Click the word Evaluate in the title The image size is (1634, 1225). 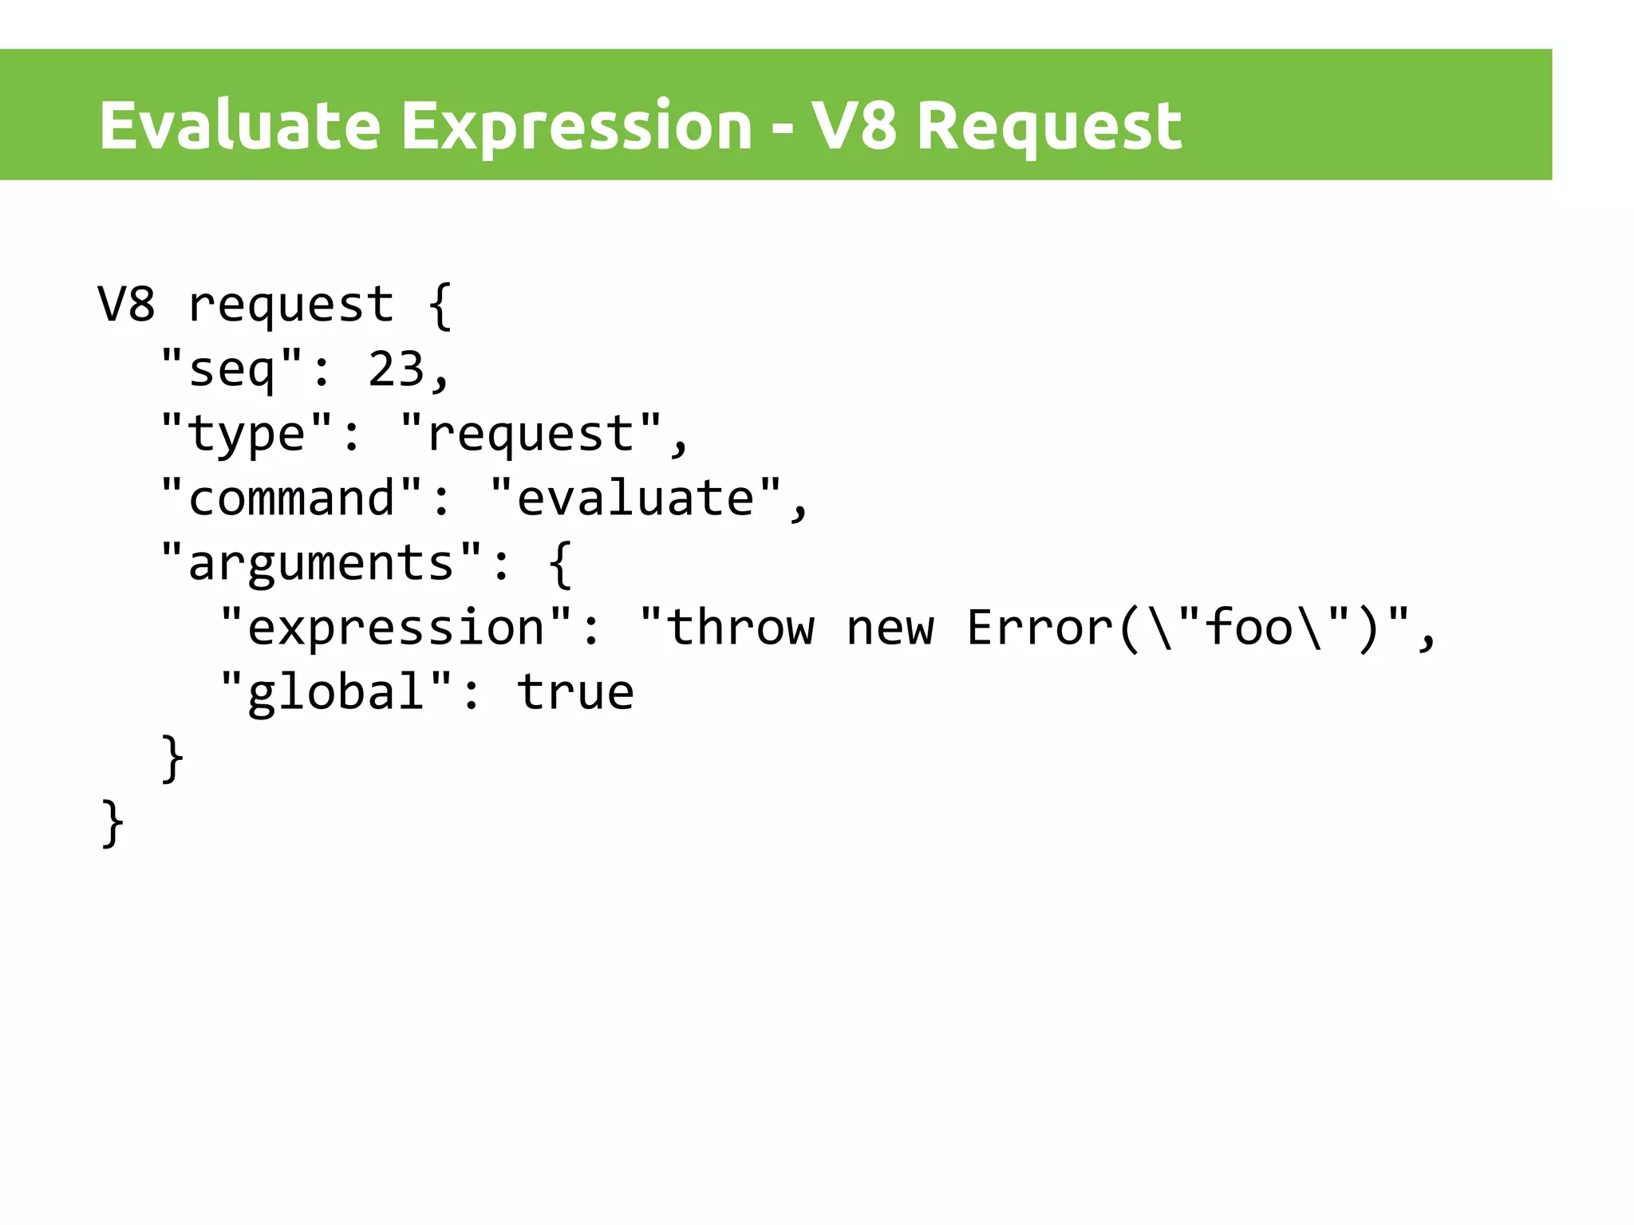coord(239,125)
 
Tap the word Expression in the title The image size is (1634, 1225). coord(576,125)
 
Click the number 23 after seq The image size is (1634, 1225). coord(396,369)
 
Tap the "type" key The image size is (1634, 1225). coord(247,434)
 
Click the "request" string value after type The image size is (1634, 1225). coord(531,434)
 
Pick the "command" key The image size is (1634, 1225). coord(291,498)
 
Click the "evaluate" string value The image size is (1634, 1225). coord(636,498)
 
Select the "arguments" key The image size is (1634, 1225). coord(322,563)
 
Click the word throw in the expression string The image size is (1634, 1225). coord(740,628)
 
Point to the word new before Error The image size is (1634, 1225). coord(890,628)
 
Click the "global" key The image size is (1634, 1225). coord(337,692)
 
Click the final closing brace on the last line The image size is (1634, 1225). coord(112,823)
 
